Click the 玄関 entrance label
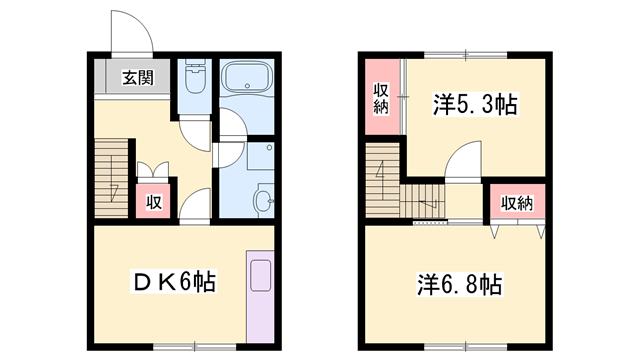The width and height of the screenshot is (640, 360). click(138, 78)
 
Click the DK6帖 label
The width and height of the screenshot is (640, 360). click(173, 281)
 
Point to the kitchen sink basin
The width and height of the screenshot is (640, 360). click(260, 276)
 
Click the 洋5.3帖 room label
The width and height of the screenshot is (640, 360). click(476, 104)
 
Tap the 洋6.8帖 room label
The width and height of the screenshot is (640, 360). click(460, 284)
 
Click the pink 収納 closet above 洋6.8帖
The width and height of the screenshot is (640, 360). click(518, 201)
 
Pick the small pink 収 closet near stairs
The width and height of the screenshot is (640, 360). click(153, 201)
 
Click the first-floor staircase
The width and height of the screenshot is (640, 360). click(111, 178)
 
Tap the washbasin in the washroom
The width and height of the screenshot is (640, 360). click(263, 200)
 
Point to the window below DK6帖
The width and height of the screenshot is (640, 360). click(195, 347)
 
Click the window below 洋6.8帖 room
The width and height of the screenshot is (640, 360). click(466, 347)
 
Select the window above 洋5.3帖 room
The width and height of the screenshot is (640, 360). click(466, 55)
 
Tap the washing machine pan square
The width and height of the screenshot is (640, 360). click(260, 156)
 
